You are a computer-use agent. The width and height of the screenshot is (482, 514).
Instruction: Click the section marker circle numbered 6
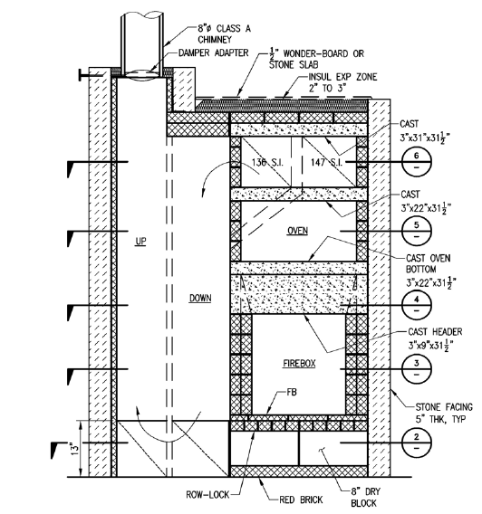coord(417,162)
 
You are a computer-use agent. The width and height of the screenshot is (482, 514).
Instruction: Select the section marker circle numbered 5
coord(417,231)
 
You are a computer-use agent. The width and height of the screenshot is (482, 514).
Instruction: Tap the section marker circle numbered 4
coord(417,305)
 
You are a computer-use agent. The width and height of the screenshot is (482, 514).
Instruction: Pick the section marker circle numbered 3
coord(417,369)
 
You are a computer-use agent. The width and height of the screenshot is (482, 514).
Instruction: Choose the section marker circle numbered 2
coord(417,443)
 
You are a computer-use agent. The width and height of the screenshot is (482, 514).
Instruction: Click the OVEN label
coord(297,231)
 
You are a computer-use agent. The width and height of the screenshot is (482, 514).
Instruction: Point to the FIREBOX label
coord(299,363)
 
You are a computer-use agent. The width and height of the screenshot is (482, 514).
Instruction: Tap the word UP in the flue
coord(140,242)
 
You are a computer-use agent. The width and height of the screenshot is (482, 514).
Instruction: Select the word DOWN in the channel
coord(200,298)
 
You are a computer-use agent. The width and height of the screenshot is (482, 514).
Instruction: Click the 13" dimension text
coord(74,449)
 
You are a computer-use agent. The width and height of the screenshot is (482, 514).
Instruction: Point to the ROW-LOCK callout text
coord(207,494)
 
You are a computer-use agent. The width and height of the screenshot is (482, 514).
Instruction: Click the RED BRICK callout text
coord(301,500)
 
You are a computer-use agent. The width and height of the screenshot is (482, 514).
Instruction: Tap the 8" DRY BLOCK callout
coord(365,497)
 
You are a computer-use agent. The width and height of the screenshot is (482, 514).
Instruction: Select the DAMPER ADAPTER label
coord(214,52)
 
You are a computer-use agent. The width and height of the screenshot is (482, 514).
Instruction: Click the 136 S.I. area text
coord(267,162)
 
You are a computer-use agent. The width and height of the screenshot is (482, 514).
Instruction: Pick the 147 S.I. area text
coord(326,162)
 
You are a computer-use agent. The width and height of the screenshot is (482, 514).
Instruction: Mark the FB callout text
coord(292,392)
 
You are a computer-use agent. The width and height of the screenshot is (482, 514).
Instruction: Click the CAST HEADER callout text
coord(435,332)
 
